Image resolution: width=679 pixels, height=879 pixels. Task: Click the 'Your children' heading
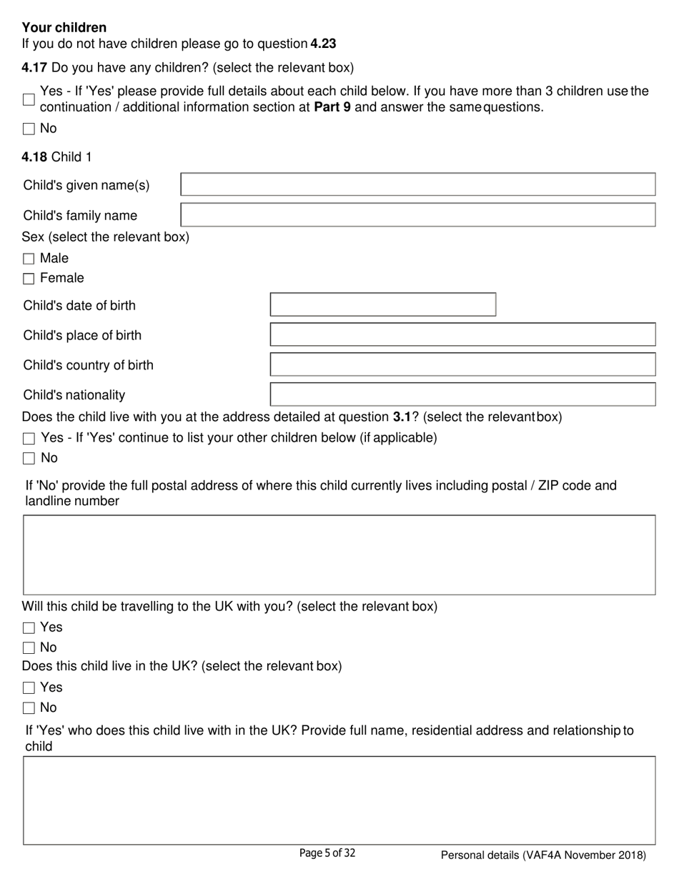click(x=64, y=27)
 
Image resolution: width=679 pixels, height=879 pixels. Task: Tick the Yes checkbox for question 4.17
click(x=29, y=99)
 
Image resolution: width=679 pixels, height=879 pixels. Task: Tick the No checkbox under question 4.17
click(x=29, y=129)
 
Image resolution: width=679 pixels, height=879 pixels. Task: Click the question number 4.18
click(x=34, y=157)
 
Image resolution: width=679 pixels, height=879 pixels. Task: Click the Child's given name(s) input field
click(x=417, y=184)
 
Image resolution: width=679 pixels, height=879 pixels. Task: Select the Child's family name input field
click(x=417, y=214)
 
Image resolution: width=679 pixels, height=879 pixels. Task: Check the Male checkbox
click(x=29, y=259)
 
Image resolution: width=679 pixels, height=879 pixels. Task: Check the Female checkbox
click(x=29, y=279)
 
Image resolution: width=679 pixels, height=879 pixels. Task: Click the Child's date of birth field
click(x=382, y=304)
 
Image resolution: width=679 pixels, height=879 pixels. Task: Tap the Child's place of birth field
click(x=462, y=334)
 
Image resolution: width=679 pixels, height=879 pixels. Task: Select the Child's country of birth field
click(x=462, y=364)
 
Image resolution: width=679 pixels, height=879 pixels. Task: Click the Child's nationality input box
click(x=462, y=394)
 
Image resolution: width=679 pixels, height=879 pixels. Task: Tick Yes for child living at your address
click(x=29, y=438)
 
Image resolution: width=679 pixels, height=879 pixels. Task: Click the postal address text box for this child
click(x=339, y=555)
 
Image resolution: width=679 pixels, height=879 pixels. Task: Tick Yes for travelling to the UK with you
click(x=29, y=628)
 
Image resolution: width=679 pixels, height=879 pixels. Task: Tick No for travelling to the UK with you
click(x=29, y=648)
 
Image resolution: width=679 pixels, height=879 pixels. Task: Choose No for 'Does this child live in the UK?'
click(x=29, y=708)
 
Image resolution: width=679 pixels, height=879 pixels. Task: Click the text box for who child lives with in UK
click(x=339, y=800)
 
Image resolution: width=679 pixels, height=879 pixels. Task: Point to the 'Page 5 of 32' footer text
click(x=327, y=853)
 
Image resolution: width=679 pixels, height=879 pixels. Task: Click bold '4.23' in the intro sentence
click(x=323, y=44)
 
